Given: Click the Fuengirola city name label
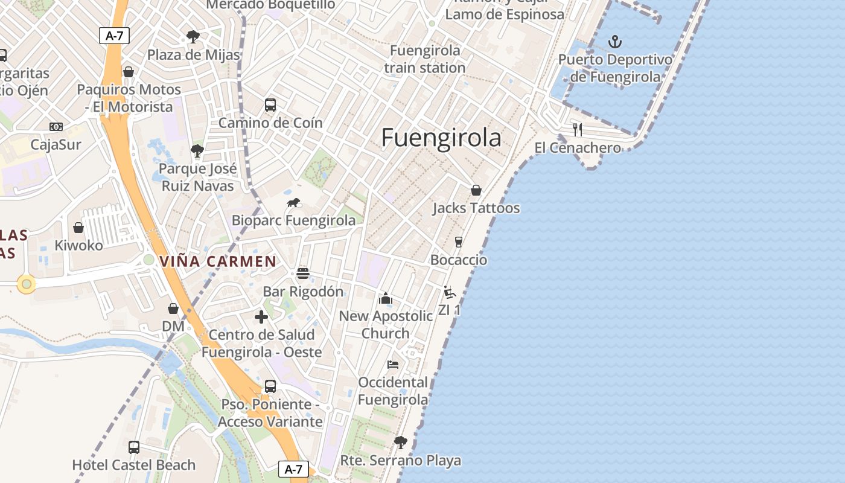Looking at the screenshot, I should (441, 138).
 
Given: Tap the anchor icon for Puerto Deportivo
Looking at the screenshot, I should (615, 42).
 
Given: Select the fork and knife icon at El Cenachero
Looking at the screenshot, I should (578, 129).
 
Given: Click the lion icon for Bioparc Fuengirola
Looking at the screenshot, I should (294, 203).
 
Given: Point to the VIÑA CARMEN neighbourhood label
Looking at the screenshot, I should (218, 261).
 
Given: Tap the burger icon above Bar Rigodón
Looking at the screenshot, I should (303, 273).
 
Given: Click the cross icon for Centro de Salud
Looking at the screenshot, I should (261, 317).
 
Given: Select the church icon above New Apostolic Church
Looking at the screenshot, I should (386, 298).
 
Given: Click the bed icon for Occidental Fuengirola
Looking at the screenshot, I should (393, 365).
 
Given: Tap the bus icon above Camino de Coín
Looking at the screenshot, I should (270, 105).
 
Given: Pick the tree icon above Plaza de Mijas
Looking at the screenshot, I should (193, 37).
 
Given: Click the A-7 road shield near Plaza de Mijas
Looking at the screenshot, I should (114, 36).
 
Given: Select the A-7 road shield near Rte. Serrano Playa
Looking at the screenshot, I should (293, 469).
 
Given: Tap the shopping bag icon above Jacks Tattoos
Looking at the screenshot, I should (476, 190).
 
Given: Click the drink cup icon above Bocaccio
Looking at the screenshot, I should (459, 242).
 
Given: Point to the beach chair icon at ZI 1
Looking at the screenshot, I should (449, 292).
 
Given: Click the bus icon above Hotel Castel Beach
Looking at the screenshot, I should (134, 447).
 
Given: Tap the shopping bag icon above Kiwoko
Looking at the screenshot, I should (78, 228).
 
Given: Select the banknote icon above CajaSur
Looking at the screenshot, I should (56, 127).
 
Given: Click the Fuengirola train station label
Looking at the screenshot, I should (425, 59).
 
